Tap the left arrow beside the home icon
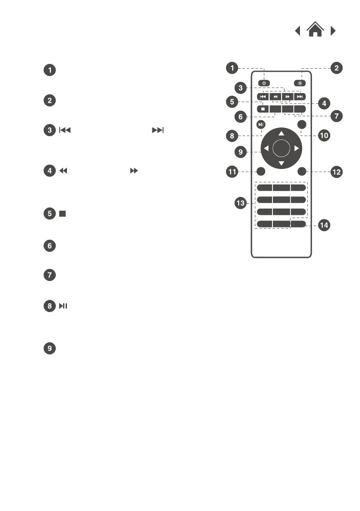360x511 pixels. (x=297, y=31)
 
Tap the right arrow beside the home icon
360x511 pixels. (x=333, y=31)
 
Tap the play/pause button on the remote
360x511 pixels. (x=262, y=125)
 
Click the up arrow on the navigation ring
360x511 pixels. (x=281, y=133)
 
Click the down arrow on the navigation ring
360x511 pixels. (x=281, y=163)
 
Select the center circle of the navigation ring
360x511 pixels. (x=281, y=148)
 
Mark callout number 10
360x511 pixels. (x=324, y=135)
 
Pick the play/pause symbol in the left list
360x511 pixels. (x=63, y=306)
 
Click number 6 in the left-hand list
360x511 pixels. (x=50, y=245)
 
